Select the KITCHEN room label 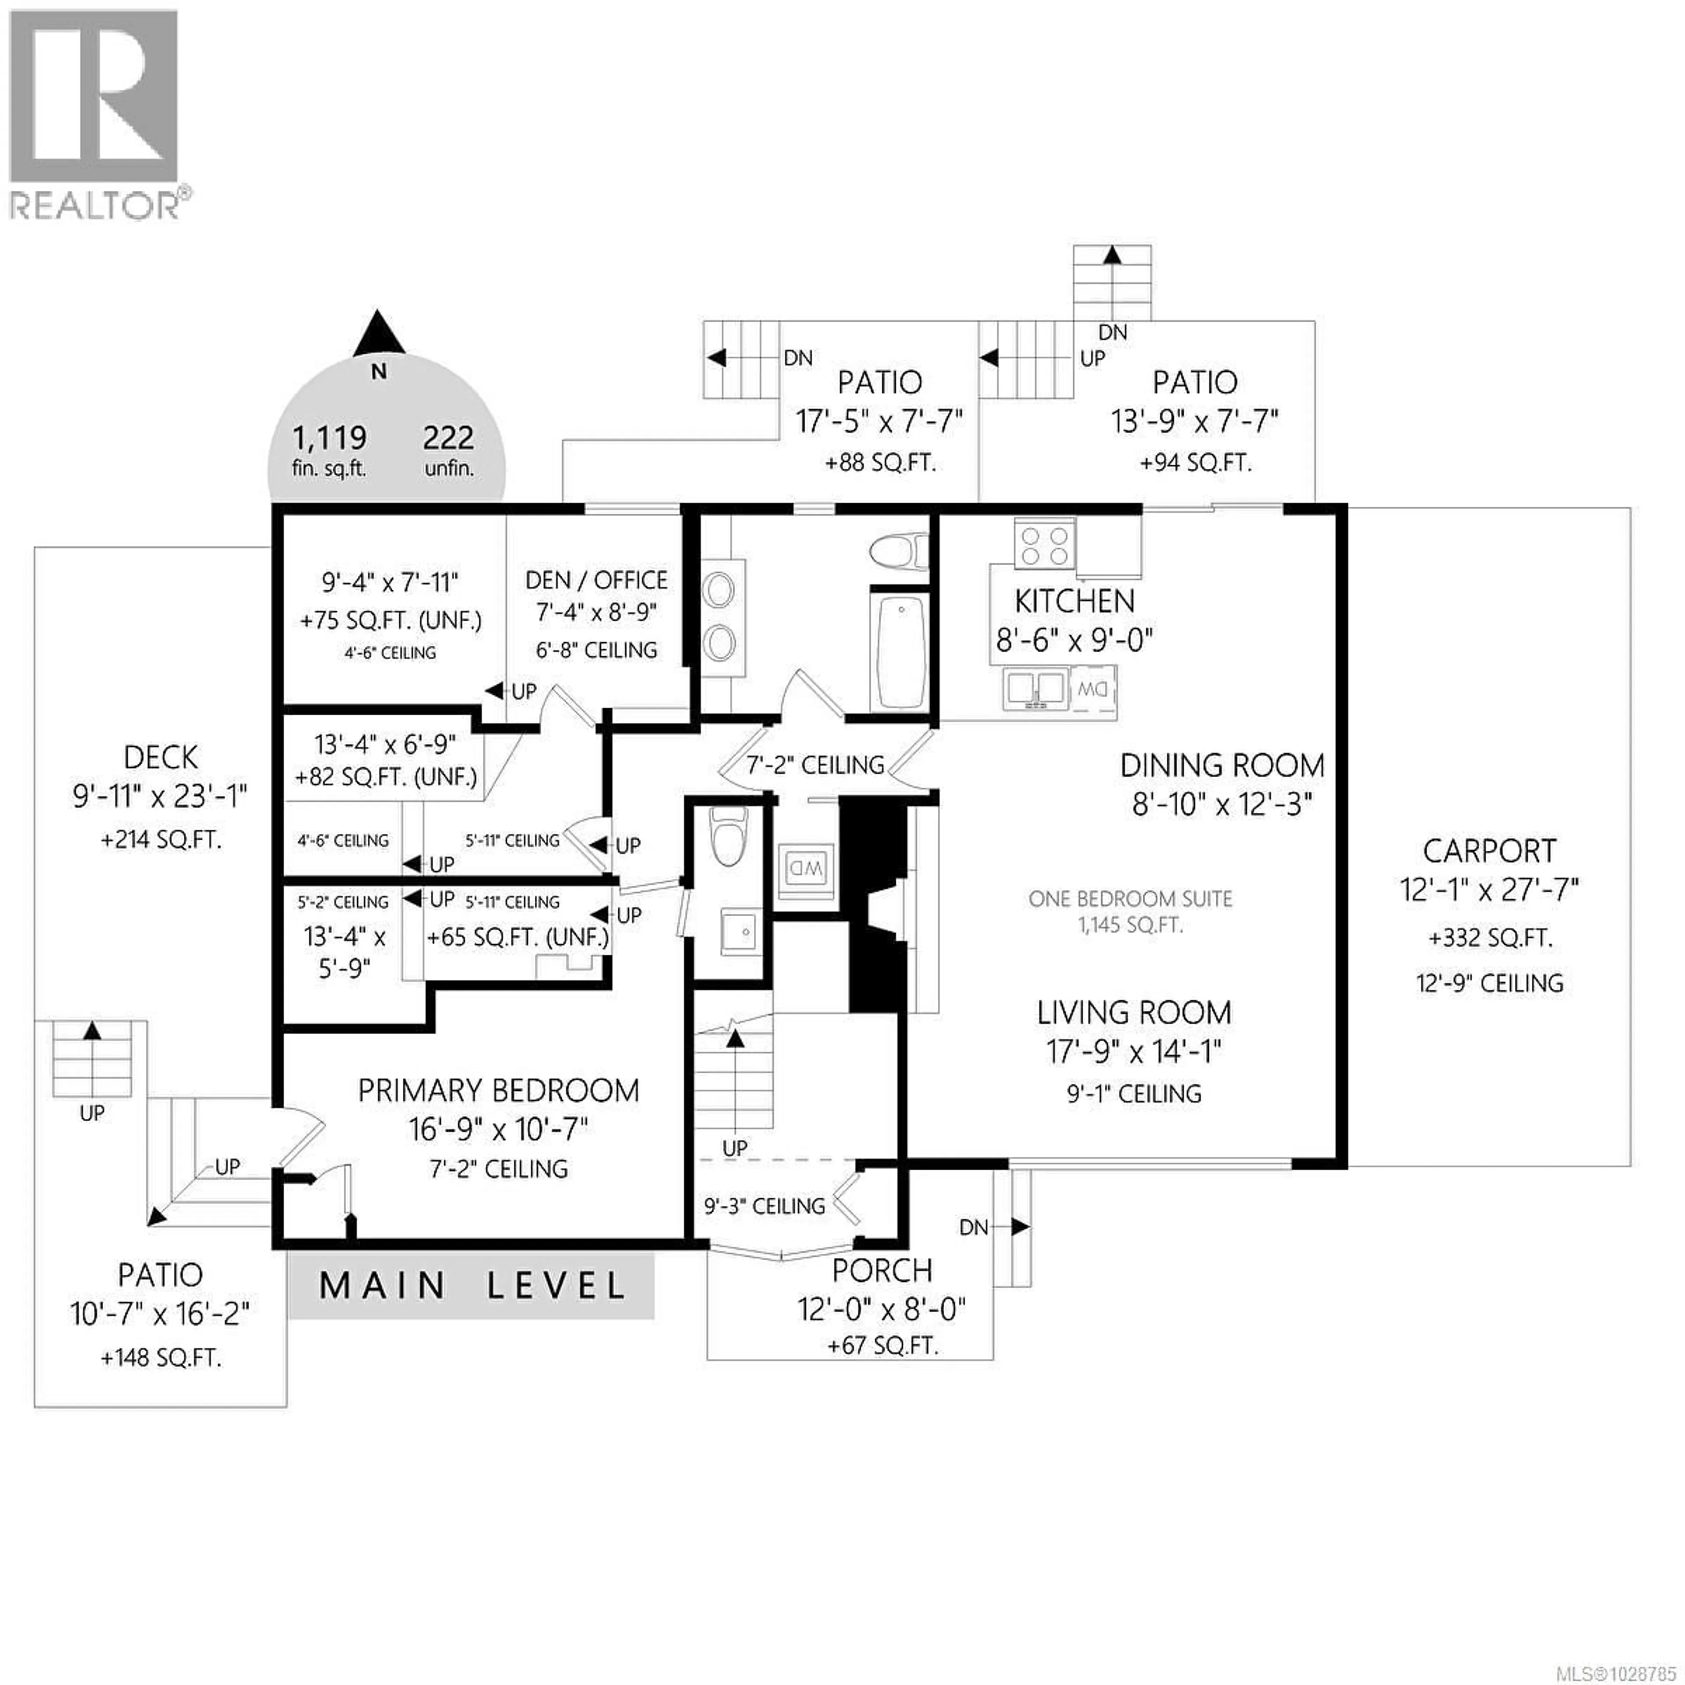click(x=1075, y=601)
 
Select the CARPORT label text click(x=1490, y=850)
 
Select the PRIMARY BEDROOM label click(x=498, y=1090)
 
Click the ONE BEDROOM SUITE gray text click(x=1130, y=898)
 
